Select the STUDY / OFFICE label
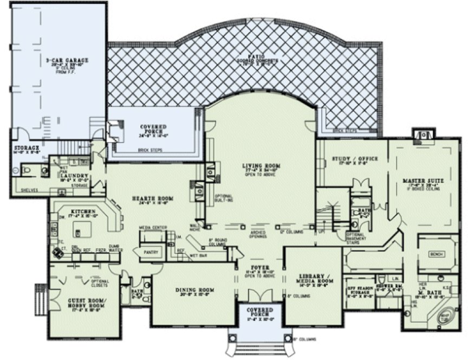point(351,158)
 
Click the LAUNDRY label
point(71,176)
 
